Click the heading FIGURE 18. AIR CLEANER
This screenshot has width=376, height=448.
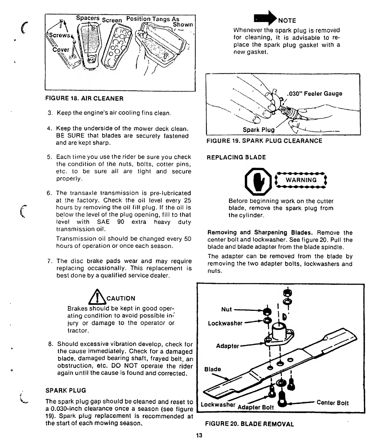click(x=84, y=99)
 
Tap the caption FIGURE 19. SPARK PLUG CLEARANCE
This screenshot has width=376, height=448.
click(x=264, y=141)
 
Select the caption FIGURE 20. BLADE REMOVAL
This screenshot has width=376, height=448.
click(x=249, y=424)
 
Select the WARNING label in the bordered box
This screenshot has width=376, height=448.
click(x=301, y=180)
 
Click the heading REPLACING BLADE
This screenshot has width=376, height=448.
click(x=236, y=157)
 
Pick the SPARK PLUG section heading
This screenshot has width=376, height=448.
click(x=65, y=390)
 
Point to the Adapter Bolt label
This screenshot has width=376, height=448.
click(x=256, y=407)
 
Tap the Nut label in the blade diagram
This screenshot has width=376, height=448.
click(x=226, y=309)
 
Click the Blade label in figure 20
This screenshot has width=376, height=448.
click(x=212, y=369)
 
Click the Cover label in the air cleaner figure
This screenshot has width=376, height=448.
click(x=61, y=50)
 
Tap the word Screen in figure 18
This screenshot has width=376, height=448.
click(x=112, y=20)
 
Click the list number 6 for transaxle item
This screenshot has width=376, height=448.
click(x=49, y=193)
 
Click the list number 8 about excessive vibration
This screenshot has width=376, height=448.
click(x=50, y=344)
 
